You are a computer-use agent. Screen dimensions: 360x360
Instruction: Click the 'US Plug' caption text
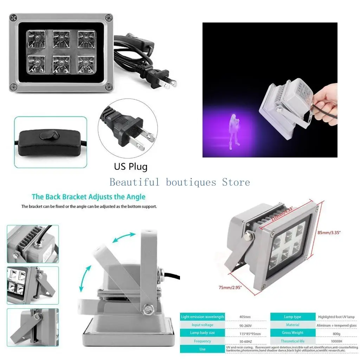point(130,166)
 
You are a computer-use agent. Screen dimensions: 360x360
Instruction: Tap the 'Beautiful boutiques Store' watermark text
point(180,182)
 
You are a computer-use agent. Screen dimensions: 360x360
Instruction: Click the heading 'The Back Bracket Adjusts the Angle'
point(89,197)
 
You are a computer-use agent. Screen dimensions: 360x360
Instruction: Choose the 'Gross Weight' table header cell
point(292,333)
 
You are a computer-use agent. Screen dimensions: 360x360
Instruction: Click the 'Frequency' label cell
point(202,341)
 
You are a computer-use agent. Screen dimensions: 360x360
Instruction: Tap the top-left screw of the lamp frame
point(14,17)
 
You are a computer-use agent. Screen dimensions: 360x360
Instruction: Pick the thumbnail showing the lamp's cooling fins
point(33,244)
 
